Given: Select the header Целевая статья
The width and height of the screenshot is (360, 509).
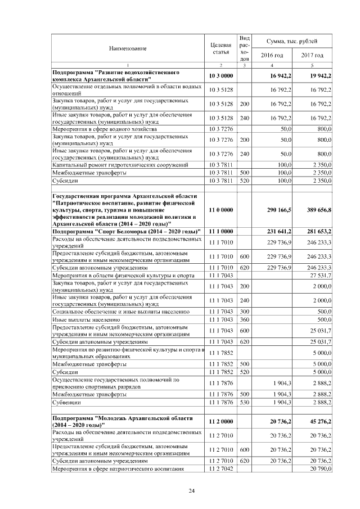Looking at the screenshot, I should pyautogui.click(x=220, y=48).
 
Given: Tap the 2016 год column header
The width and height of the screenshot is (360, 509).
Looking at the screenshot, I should pyautogui.click(x=272, y=55).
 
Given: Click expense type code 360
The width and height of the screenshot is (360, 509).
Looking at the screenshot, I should pyautogui.click(x=244, y=319).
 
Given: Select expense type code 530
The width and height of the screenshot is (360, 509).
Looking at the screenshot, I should pyautogui.click(x=244, y=403).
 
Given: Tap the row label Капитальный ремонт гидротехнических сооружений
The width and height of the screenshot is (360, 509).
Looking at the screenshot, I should pyautogui.click(x=120, y=165).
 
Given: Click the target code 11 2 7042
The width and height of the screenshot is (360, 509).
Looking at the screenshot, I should pyautogui.click(x=220, y=469).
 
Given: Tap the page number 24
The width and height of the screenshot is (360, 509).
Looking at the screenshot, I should pyautogui.click(x=191, y=492).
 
